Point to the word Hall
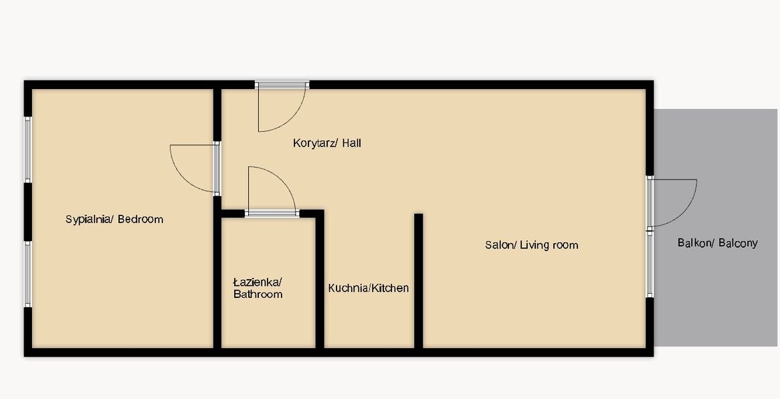pyautogui.click(x=351, y=143)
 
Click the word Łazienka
pyautogui.click(x=258, y=283)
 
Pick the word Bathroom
pyautogui.click(x=258, y=295)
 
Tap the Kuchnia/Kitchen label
pyautogui.click(x=369, y=288)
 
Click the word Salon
pyautogui.click(x=500, y=245)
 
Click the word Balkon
pyautogui.click(x=694, y=243)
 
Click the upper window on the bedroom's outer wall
pyautogui.click(x=28, y=149)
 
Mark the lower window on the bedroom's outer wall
pyautogui.click(x=28, y=274)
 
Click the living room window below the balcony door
pyautogui.click(x=650, y=264)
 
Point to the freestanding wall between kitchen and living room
pyautogui.click(x=418, y=281)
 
